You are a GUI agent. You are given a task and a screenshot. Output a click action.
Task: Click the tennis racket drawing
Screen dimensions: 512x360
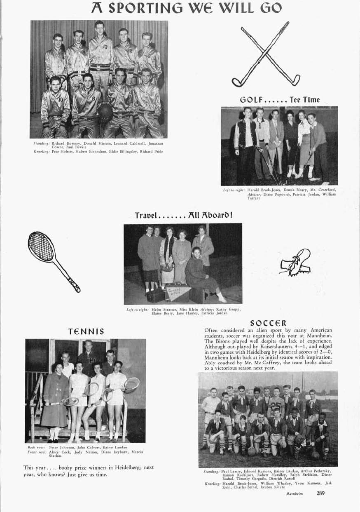(52, 260)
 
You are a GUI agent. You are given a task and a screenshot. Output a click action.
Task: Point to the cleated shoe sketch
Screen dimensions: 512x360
(295, 262)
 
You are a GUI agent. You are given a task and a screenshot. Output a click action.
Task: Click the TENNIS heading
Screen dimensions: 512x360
(86, 331)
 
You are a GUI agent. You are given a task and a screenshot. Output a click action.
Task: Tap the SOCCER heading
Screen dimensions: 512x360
(268, 323)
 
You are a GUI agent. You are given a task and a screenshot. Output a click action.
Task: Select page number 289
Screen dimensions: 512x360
(321, 493)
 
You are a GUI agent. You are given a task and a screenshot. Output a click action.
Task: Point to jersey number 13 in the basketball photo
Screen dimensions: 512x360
(105, 47)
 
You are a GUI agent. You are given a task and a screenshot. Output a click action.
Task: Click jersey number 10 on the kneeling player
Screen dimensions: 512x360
(60, 99)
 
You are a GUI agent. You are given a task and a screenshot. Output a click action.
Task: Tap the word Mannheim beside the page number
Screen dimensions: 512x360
(295, 493)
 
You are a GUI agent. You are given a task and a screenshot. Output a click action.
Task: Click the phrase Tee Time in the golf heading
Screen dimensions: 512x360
(305, 99)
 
